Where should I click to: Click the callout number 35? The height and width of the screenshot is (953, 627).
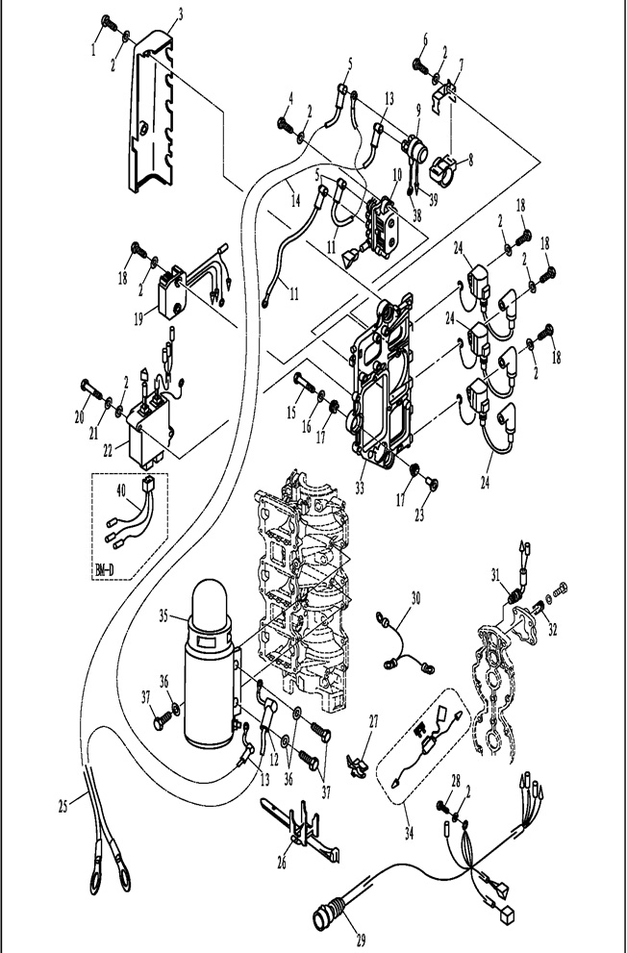pos(163,615)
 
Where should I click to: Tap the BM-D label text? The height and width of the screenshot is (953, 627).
pos(105,570)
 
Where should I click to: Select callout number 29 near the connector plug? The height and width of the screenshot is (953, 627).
pos(361,941)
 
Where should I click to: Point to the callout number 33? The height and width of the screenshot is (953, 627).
pos(360,488)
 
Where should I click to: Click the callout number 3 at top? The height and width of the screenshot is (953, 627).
pos(180,13)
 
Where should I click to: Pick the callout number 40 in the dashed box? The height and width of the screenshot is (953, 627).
pos(121,490)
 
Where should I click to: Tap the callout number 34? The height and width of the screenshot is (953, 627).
pos(409,833)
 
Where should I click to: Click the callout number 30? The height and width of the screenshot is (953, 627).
pos(415,598)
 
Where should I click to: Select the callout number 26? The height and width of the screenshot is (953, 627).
pos(282,862)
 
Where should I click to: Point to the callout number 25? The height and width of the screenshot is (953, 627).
pos(63,807)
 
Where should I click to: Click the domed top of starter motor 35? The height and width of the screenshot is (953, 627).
pos(209,599)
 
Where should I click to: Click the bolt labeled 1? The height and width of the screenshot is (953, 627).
pos(110,23)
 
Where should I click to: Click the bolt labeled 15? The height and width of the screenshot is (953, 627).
pos(305,383)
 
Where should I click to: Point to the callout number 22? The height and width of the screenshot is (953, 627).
pos(108,450)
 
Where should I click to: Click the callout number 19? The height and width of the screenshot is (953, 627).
pos(138,318)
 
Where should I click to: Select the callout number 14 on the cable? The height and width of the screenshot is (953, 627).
pos(295,200)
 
